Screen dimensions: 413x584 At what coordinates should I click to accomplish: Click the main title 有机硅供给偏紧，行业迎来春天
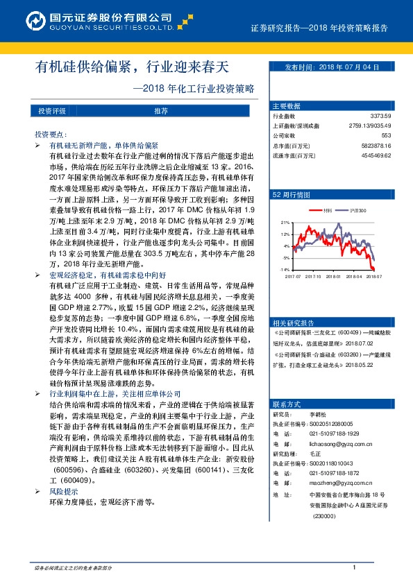click(x=131, y=67)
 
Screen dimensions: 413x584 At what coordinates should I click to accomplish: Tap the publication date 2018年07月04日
click(x=332, y=67)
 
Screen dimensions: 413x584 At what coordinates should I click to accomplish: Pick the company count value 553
click(x=387, y=136)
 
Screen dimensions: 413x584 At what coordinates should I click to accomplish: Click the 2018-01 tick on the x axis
click(x=334, y=275)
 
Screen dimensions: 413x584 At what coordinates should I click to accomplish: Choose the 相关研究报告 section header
click(x=294, y=302)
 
